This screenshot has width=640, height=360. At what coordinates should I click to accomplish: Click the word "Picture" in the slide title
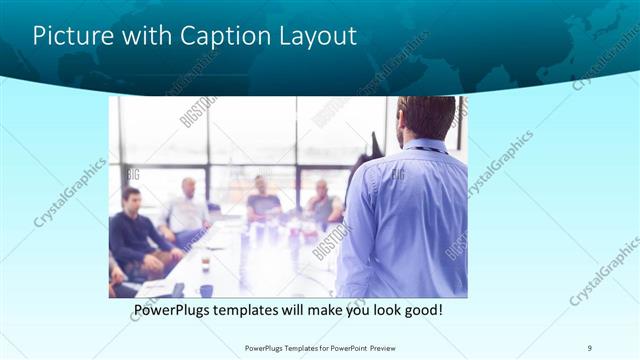click(x=73, y=36)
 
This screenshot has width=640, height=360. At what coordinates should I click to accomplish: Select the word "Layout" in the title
click(x=317, y=36)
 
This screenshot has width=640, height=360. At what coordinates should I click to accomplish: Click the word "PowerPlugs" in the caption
click(x=177, y=311)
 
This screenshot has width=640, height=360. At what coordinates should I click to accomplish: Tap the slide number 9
click(x=590, y=348)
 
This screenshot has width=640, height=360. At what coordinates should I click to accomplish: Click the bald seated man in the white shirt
click(x=187, y=210)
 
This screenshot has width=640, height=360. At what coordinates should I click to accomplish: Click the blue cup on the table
click(x=206, y=291)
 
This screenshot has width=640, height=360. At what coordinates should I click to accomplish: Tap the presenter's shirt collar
click(x=426, y=145)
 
